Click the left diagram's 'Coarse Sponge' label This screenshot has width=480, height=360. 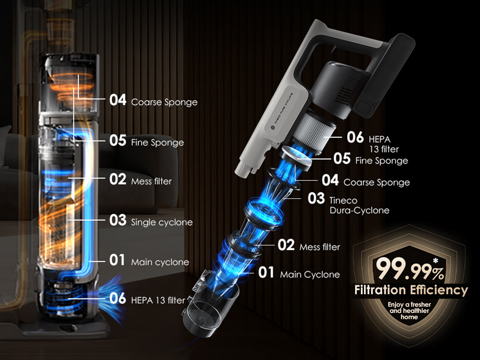164,102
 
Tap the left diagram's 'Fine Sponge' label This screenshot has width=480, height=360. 157,143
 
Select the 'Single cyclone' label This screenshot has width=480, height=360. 162,222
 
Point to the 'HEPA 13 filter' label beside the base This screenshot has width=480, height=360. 158,300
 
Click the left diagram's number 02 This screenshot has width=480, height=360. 118,180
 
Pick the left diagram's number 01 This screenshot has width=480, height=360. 117,260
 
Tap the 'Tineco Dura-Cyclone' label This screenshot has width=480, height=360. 360,205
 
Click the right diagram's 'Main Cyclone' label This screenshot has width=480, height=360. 310,275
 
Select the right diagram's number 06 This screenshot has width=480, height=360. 355,137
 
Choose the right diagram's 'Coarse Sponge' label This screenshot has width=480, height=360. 376,183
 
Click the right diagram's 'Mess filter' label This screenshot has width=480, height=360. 320,247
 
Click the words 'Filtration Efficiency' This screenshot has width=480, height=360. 411,290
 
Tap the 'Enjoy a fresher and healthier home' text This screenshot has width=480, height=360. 409,311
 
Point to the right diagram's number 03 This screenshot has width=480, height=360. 316,198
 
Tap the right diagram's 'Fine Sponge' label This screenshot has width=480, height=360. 381,161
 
